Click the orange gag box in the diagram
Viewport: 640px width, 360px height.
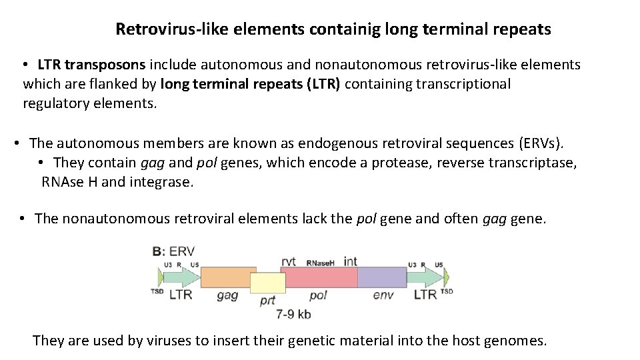click(x=227, y=277)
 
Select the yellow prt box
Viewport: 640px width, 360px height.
click(x=267, y=283)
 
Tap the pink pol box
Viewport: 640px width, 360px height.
click(x=321, y=277)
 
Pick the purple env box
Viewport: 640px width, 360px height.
click(x=382, y=277)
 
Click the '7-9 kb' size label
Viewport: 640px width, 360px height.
click(x=293, y=314)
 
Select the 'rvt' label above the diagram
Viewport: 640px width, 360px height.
click(x=289, y=261)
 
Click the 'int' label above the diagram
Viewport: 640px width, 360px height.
click(x=351, y=261)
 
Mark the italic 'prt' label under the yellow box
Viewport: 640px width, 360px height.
click(x=267, y=301)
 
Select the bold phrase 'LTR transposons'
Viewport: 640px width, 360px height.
click(x=91, y=65)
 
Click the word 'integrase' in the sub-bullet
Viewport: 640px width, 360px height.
click(x=161, y=182)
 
